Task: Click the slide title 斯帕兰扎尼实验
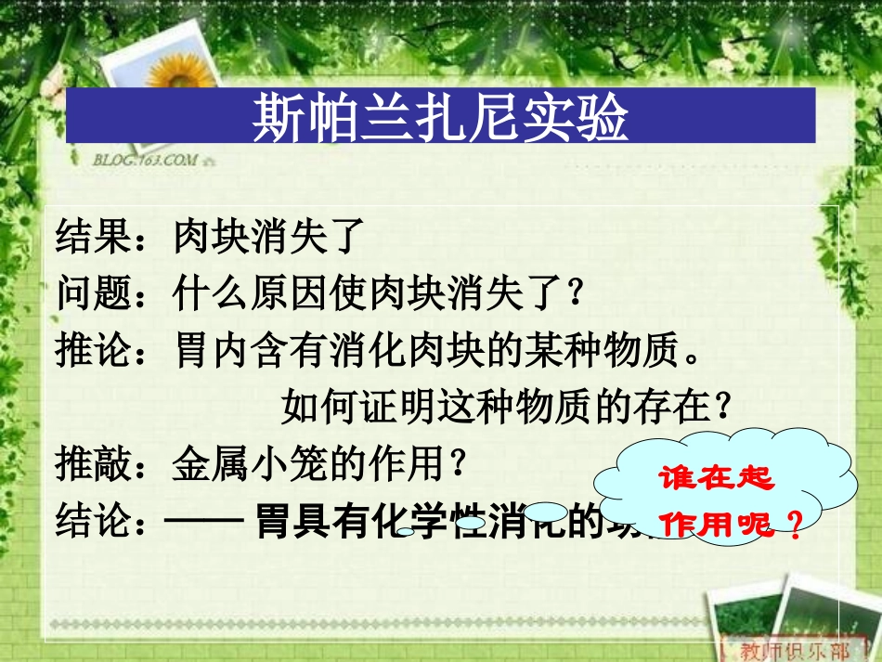click(440, 118)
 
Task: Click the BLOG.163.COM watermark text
click(145, 160)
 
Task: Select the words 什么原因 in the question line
click(243, 294)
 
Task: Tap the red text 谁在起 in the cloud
click(714, 479)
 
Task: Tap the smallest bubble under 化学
click(406, 532)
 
